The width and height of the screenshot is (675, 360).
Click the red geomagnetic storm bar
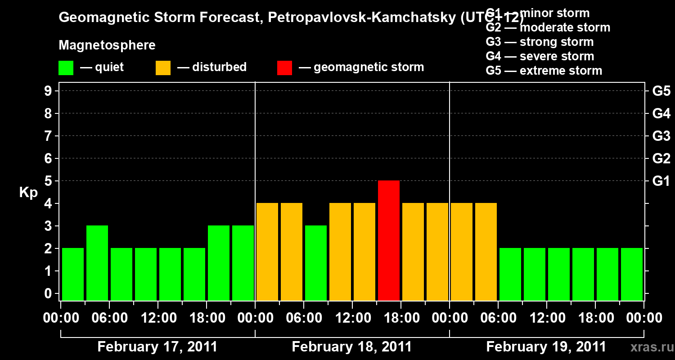pos(389,240)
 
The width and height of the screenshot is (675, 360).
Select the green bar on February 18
pos(316,263)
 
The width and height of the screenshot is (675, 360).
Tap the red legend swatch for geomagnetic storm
pos(284,67)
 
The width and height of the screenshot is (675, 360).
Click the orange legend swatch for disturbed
pos(163,67)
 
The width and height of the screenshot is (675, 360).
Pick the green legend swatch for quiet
pos(66,67)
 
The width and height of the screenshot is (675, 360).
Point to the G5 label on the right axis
pos(661,91)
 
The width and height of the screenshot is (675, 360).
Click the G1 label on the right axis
pos(661,181)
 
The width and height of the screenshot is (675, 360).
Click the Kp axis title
pos(28,193)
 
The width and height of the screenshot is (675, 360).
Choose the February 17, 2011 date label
pos(157,347)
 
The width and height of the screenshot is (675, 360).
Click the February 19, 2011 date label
pos(546,347)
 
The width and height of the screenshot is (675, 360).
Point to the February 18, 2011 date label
pos(351,347)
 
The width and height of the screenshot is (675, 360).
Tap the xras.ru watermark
pos(648,347)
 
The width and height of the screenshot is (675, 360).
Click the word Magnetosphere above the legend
pos(107,45)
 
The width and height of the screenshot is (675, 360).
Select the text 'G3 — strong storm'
pos(540,42)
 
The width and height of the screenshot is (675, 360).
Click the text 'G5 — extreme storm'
pos(544,71)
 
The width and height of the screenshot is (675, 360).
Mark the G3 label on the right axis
pos(661,136)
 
